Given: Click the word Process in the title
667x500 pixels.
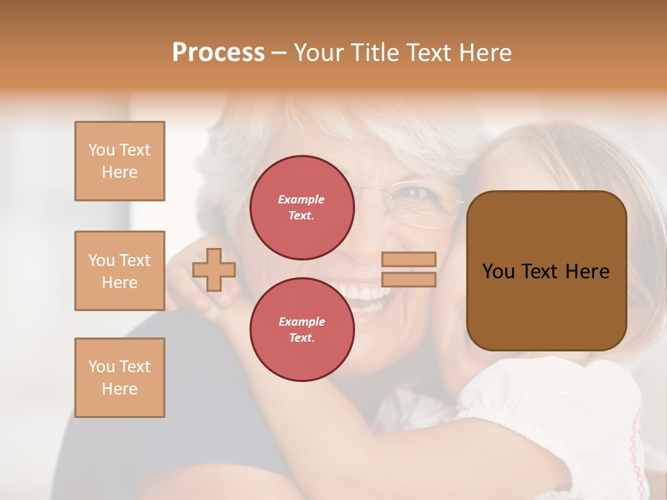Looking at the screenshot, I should coord(218,53).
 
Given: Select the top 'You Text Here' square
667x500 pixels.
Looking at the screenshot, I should coord(120,161).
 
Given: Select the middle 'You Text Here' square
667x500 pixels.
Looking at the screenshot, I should coord(120,271).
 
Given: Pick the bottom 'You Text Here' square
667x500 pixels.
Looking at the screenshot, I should coord(120,377).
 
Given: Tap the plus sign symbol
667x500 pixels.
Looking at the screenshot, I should coord(214,269).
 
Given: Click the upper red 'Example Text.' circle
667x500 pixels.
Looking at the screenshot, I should coord(302,208).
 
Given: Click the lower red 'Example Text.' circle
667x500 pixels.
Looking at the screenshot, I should coord(302,329).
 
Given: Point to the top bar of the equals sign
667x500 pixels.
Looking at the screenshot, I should coord(409,260).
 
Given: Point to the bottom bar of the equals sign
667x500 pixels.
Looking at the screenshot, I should coord(409,279).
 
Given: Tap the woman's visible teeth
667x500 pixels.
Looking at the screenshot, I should coord(365,292).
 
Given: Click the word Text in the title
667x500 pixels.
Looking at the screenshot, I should coord(432,53).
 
